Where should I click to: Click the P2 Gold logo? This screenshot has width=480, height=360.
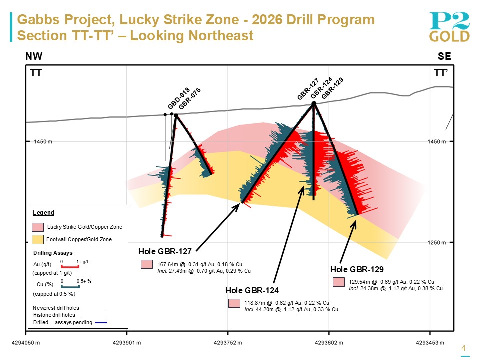point(449,27)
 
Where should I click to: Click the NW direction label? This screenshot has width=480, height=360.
point(34,56)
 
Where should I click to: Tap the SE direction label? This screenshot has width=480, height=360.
point(444,56)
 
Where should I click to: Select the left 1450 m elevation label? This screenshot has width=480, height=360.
point(43,142)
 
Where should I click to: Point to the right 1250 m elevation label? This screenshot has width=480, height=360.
point(437,243)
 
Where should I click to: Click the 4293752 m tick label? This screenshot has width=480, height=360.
point(228,343)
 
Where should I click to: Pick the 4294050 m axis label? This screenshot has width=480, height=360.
point(26,343)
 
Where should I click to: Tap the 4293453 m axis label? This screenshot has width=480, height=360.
point(430,343)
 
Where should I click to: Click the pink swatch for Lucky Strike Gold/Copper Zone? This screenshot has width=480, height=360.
point(38,227)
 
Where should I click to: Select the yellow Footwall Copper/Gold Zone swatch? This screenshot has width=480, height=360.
point(38,239)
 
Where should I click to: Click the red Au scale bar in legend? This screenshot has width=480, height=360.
point(70,267)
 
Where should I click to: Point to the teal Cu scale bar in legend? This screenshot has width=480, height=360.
point(70,286)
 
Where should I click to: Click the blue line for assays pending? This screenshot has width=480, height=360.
point(101,323)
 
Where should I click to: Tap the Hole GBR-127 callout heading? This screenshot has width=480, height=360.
point(165,251)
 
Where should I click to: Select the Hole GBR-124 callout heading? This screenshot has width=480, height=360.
point(252,290)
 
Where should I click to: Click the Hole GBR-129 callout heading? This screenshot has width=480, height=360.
point(357,269)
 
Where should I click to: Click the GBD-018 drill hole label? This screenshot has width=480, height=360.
point(179,98)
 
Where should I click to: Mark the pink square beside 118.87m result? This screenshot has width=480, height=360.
point(234,303)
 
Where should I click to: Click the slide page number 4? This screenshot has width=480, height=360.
point(464,348)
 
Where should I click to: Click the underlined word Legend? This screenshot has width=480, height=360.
point(44,213)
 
